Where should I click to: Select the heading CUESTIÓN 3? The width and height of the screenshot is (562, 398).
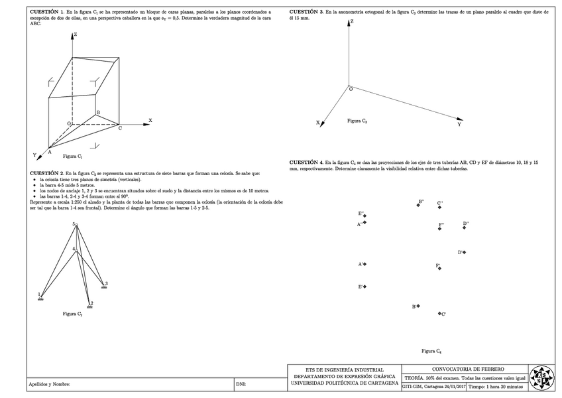pos(307,13)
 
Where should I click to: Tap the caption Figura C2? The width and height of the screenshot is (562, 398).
pos(72,313)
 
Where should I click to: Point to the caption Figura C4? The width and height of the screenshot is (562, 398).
pos(431,350)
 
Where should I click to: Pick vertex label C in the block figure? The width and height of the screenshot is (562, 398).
pos(120,128)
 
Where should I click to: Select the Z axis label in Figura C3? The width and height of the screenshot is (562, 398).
pos(351,22)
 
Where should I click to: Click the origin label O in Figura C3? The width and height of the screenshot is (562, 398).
pos(351,89)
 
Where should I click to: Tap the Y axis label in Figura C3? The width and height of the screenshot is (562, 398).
pos(459,124)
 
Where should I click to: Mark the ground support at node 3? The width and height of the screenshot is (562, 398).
pos(103,287)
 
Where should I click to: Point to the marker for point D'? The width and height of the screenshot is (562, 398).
pos(465,252)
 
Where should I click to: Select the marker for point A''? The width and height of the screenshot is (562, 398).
pos(365,223)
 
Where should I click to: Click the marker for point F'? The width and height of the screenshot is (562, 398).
pos(439,268)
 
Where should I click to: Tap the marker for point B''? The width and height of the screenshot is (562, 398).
pos(418,204)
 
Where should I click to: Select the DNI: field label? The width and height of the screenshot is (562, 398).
pos(241,384)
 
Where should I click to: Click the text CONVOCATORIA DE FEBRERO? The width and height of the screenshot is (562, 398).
pos(467,369)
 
